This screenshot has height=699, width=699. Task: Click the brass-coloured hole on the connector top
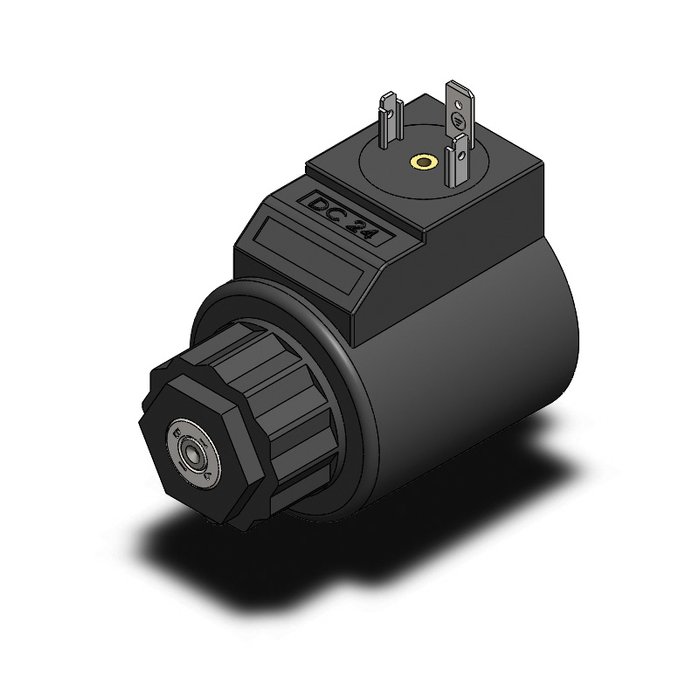(425, 162)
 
